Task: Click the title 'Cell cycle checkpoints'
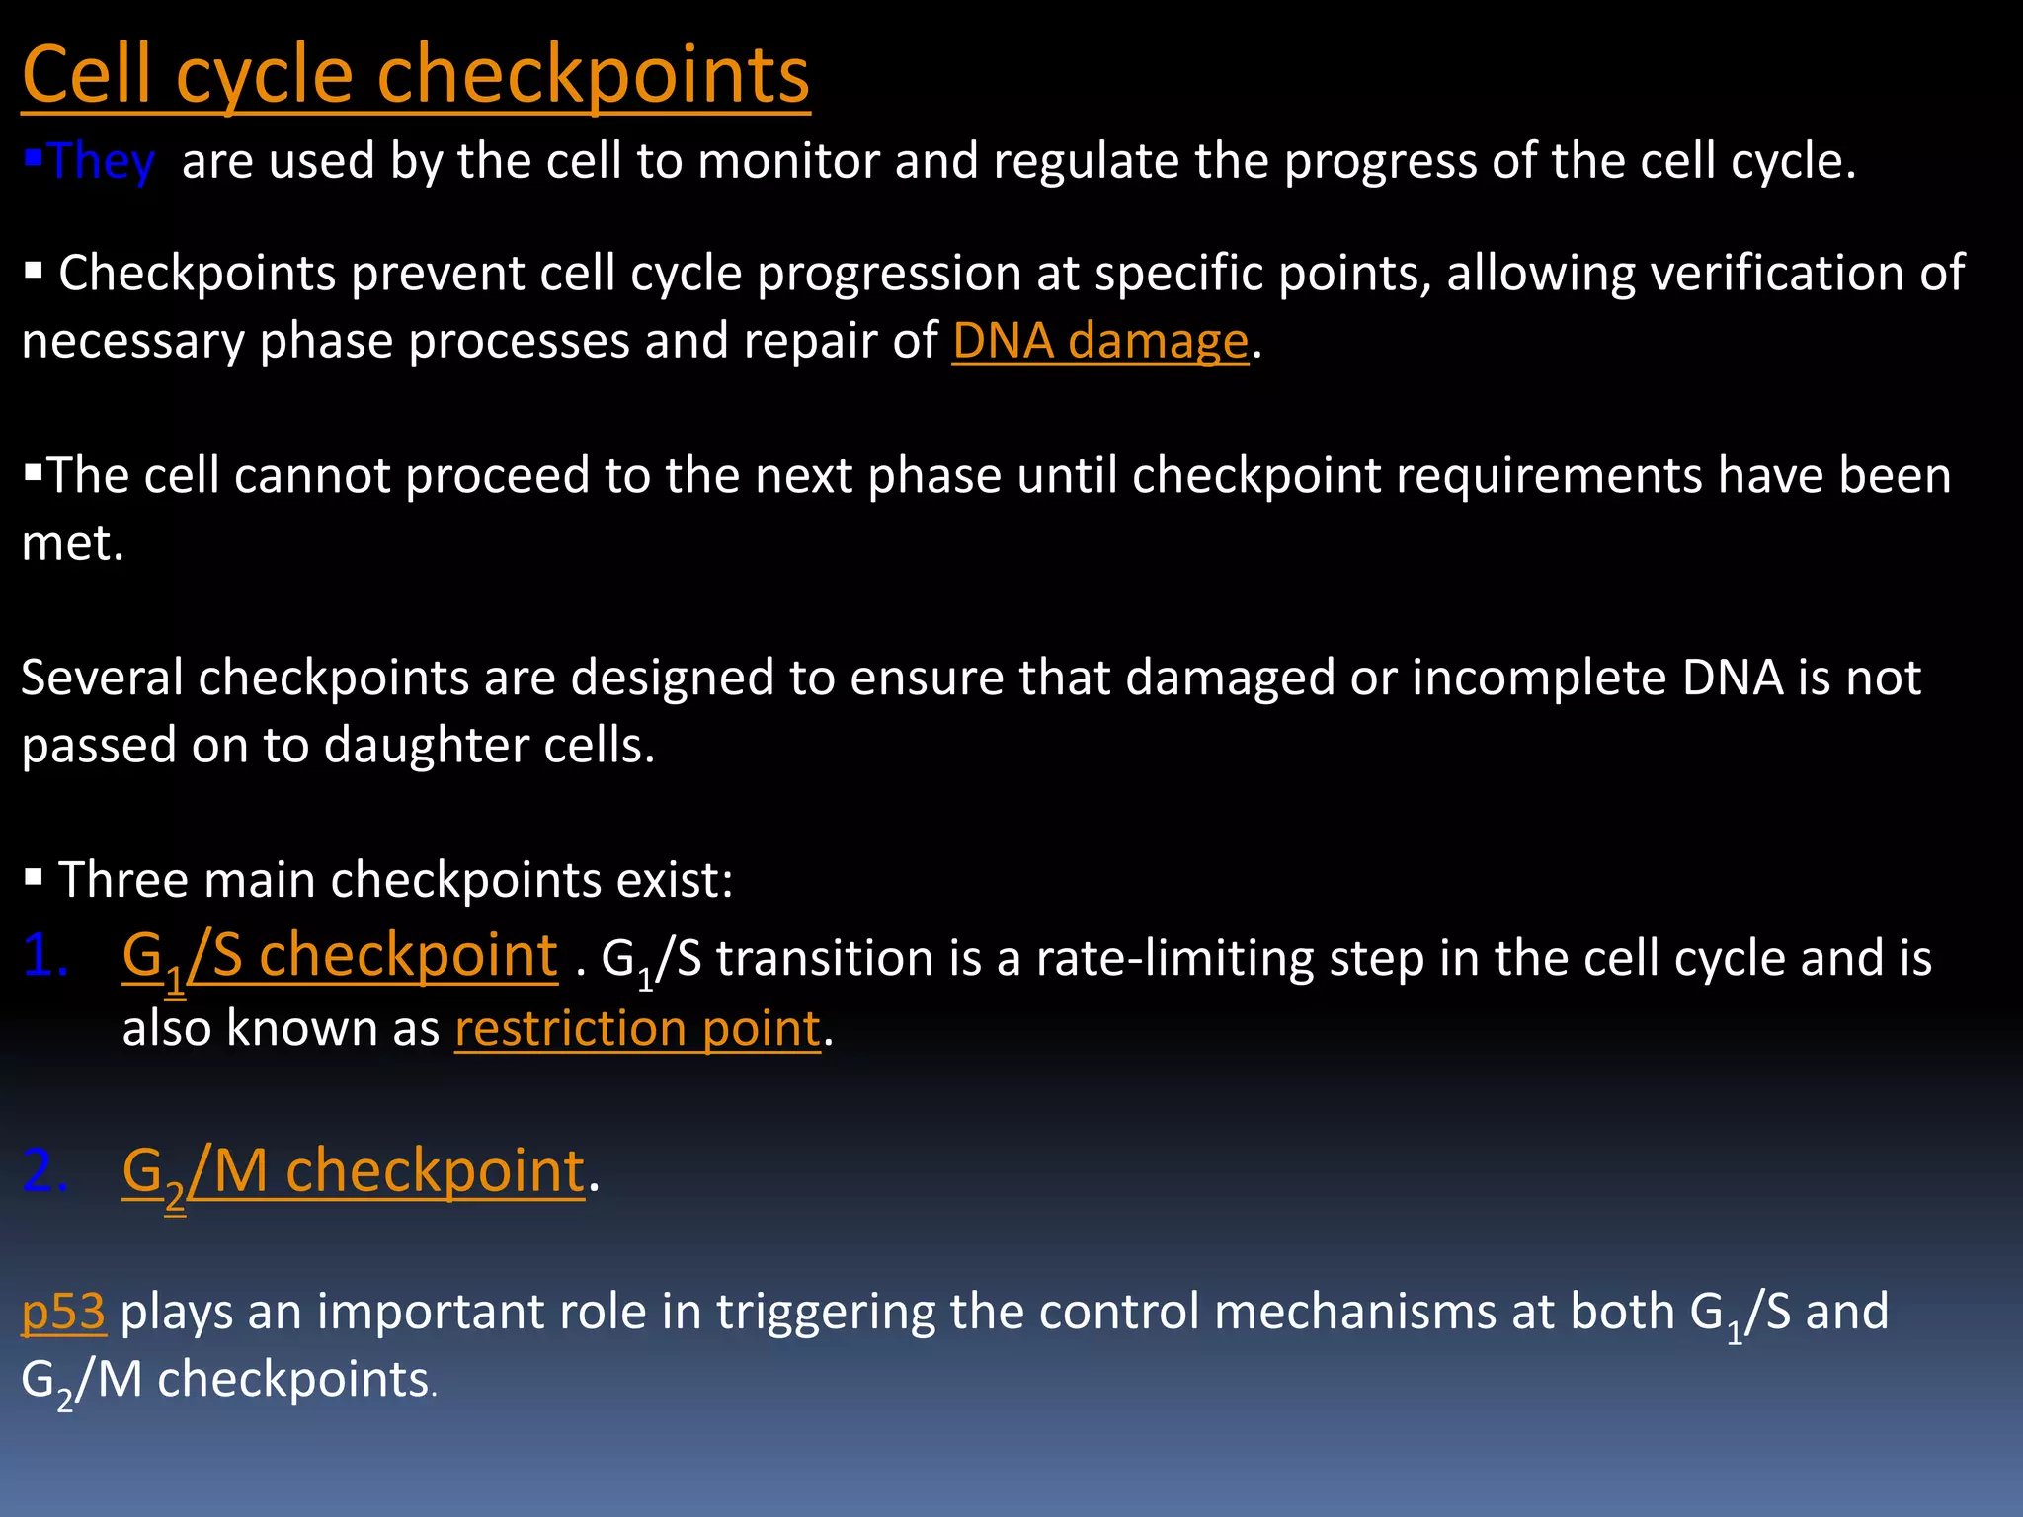415,75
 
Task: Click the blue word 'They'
101,161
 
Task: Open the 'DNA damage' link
1100,342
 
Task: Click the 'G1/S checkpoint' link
339,957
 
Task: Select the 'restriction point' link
637,1029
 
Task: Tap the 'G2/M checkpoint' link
353,1172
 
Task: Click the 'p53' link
63,1313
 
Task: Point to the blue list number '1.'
45,956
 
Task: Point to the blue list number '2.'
45,1172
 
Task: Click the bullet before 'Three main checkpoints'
34,877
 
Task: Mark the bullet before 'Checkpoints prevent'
34,270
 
